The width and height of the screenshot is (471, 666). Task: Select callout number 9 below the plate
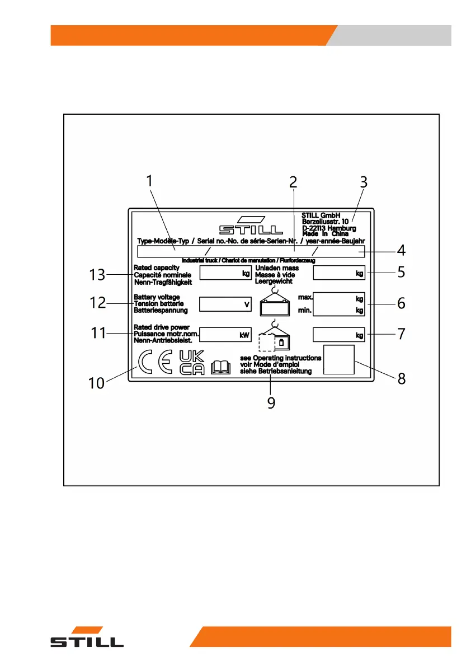(271, 403)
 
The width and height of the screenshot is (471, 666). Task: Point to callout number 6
(401, 303)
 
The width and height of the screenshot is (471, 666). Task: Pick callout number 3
(364, 182)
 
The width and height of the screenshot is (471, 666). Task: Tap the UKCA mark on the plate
(192, 363)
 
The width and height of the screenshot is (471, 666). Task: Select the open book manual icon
(222, 367)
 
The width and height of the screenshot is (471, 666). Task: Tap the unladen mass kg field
(339, 273)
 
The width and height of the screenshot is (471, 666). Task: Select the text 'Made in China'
(325, 234)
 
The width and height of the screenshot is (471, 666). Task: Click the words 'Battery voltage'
(157, 297)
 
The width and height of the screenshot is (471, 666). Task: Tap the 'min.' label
(305, 309)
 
